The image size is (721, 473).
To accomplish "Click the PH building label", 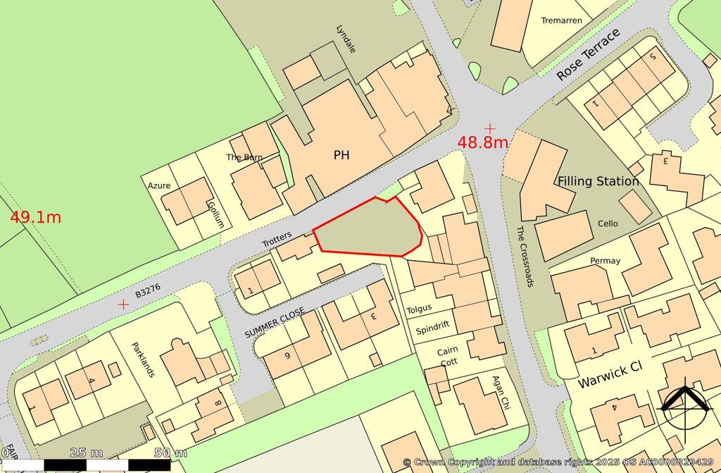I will (x=341, y=155).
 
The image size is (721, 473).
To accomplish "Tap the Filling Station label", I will (x=598, y=181).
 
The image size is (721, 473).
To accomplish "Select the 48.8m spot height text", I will (x=483, y=142).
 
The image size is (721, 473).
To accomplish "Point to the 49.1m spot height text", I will (x=35, y=217).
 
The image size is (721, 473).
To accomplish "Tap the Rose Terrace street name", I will (x=589, y=55).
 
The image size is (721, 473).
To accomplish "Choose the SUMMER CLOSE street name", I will (x=275, y=322).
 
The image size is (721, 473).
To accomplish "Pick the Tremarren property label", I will (x=561, y=20).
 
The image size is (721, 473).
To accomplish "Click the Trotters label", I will (x=277, y=240).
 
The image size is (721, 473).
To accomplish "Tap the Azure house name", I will (x=159, y=186).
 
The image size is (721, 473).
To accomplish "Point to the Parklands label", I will (x=143, y=360).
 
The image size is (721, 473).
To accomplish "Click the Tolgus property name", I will (x=419, y=309).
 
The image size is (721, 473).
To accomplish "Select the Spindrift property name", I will (x=432, y=328).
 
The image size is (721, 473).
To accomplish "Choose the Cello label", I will (x=608, y=223).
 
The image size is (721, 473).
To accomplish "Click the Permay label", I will (x=606, y=261).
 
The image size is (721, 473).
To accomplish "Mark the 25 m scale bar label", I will (x=87, y=452).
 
